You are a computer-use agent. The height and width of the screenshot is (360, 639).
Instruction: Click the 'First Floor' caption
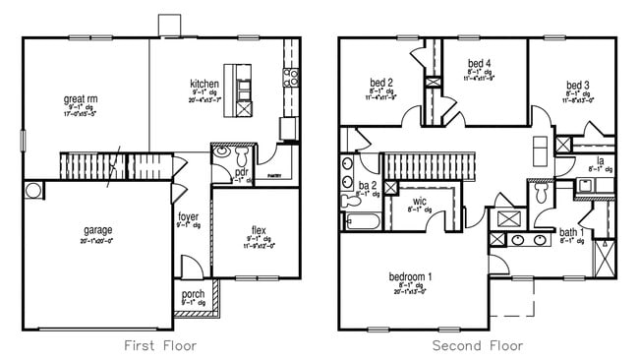[x=160, y=345]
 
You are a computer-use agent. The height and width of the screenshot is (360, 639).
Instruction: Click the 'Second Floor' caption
[x=478, y=345]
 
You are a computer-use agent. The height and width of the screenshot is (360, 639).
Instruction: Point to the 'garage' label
[x=97, y=229]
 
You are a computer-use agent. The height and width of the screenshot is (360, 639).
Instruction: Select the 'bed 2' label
[x=381, y=82]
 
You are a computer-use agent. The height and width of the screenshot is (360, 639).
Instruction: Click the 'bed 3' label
[x=578, y=85]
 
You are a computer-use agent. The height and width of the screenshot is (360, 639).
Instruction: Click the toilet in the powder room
[x=222, y=153]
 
